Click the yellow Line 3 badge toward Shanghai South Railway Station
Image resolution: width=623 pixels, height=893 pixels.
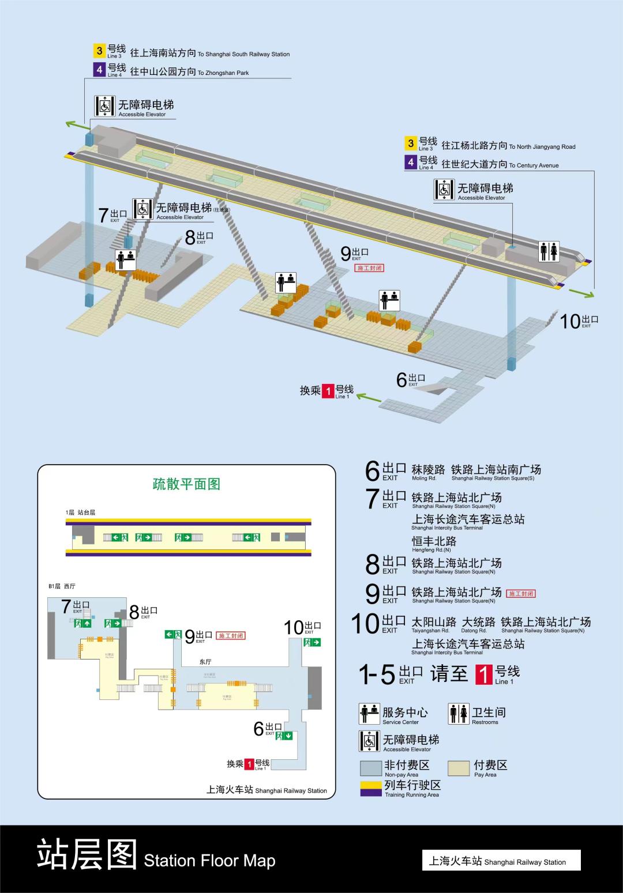coord(99,51)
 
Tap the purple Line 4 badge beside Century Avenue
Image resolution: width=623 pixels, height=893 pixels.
coord(411,163)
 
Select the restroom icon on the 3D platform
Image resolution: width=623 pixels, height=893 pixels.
coord(549,251)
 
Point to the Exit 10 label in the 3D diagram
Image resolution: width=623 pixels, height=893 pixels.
coord(579,321)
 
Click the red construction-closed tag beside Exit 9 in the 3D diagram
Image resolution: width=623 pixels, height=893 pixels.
coord(369,268)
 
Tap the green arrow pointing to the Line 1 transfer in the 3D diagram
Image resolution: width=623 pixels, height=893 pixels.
coord(369,397)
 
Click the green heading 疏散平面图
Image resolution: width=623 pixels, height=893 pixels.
coord(186,484)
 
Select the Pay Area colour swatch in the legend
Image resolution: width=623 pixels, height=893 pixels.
coord(459,768)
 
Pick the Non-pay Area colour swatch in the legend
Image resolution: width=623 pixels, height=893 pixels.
coord(370,768)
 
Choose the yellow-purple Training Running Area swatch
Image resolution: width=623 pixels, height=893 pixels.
coord(370,788)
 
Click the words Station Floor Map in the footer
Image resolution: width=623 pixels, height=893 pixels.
coord(209,861)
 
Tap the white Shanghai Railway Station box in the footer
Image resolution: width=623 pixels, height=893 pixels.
coord(501,861)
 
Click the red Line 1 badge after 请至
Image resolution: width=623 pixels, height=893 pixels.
coord(483,674)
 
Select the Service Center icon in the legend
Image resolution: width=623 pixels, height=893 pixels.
coord(369,714)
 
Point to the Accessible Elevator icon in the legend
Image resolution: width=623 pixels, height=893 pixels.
coord(369,741)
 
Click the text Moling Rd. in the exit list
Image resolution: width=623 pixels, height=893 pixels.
coord(424,478)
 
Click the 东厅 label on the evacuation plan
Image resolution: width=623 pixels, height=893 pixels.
coord(205,661)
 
